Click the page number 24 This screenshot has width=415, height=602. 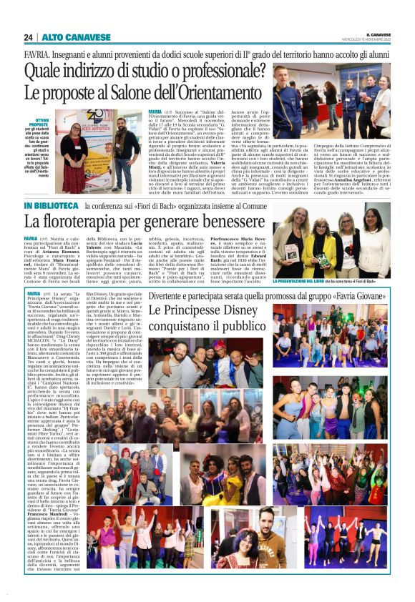tap(28, 37)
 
